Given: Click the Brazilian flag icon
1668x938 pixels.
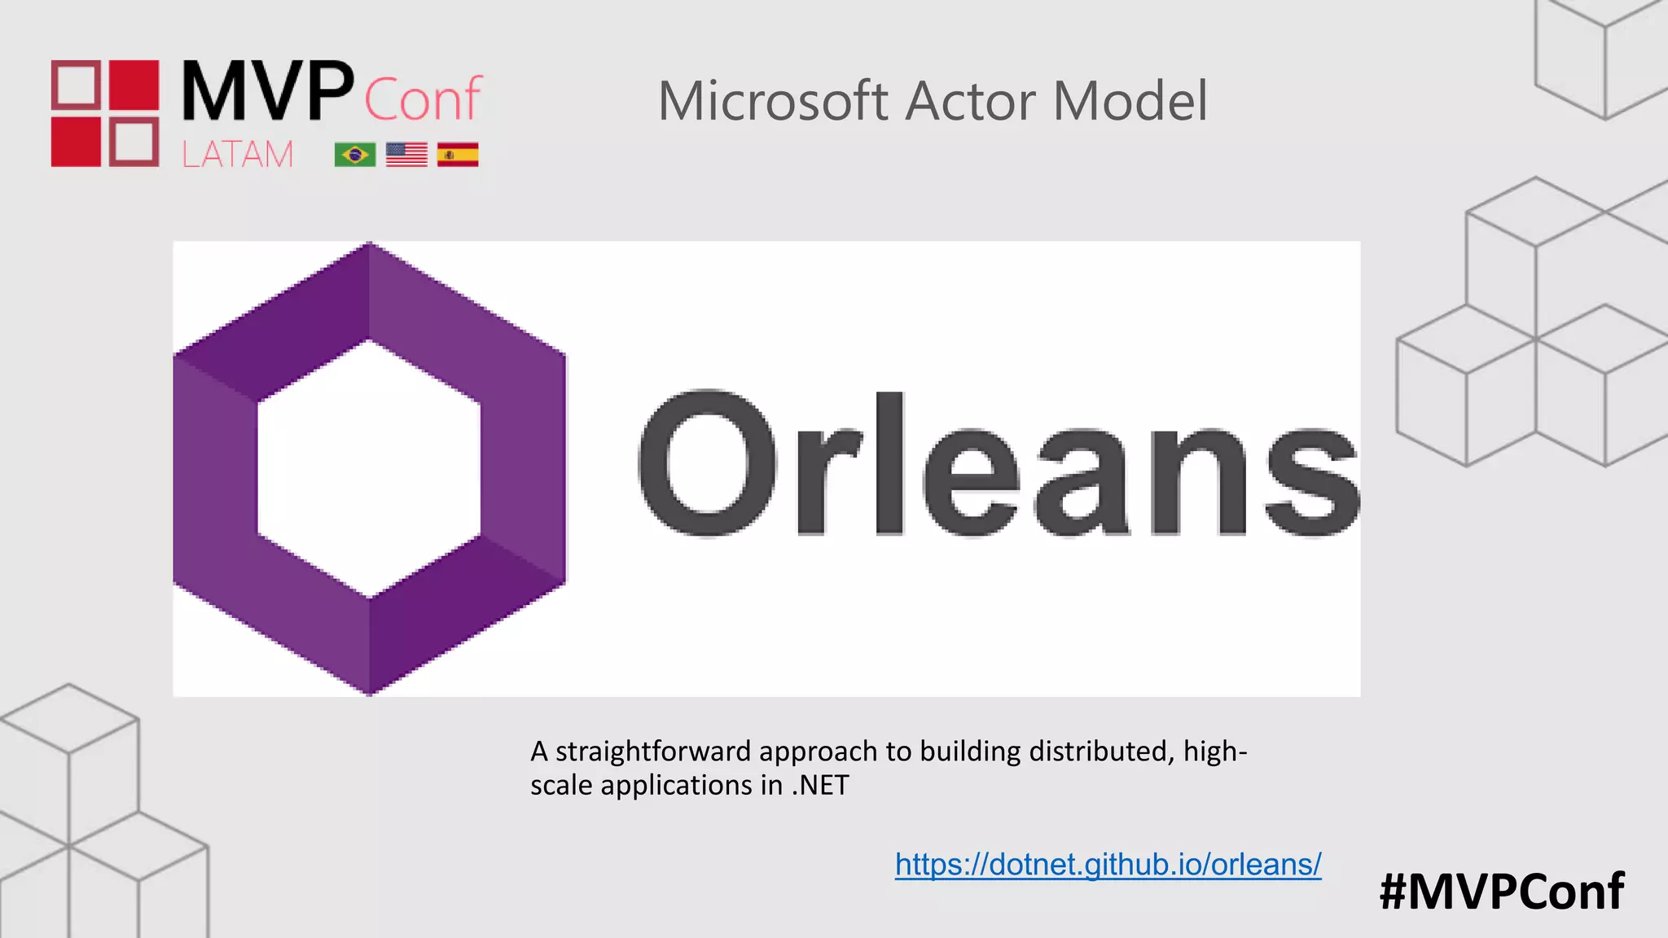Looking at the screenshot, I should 355,154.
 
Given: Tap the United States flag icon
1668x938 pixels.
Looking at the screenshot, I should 406,154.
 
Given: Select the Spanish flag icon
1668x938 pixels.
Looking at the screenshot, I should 458,154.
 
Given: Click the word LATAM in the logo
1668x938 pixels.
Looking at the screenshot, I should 237,154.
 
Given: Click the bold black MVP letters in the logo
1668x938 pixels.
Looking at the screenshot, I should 267,91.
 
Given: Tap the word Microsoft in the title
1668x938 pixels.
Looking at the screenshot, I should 773,102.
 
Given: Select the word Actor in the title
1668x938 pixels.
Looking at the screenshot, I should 971,102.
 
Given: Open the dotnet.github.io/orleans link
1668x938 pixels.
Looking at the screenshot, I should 1108,864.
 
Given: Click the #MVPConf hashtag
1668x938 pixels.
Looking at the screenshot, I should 1501,891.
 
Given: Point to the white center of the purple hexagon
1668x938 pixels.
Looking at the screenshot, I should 369,468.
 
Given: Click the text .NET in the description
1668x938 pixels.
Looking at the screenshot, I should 820,785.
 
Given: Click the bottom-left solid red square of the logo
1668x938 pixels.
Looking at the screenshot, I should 76,142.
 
